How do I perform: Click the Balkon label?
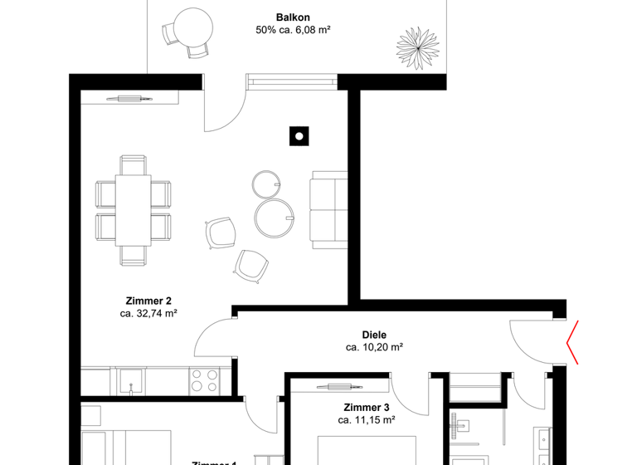(293, 17)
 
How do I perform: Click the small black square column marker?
(299, 135)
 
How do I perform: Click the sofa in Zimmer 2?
(328, 209)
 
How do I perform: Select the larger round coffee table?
(273, 218)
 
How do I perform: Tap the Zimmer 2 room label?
(148, 301)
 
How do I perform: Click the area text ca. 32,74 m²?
(148, 314)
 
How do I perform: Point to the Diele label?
(374, 335)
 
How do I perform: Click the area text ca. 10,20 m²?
(374, 348)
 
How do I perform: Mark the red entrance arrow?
(572, 342)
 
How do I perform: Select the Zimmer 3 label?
(367, 408)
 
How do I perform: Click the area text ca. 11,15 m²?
(367, 421)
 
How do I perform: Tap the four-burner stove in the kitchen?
(205, 381)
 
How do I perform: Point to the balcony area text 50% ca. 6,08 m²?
(294, 31)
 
